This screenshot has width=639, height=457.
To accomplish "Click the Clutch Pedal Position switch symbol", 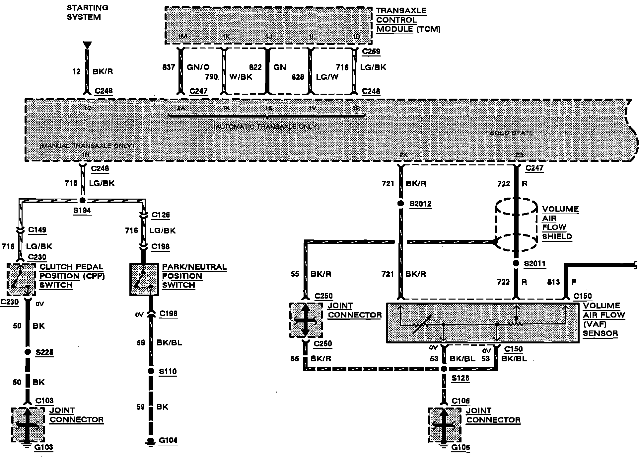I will [x=21, y=279].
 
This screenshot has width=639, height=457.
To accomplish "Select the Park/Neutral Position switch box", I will [x=144, y=280].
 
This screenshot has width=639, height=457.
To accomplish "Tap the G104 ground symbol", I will [x=151, y=441].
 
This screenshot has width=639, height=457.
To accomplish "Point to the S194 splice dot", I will [x=82, y=200].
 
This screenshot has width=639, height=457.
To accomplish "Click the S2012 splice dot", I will [x=401, y=203].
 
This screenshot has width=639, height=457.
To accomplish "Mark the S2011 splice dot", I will [x=516, y=263].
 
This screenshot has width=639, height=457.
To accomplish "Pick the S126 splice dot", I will [x=444, y=369].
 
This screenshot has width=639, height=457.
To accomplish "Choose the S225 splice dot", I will [x=28, y=352].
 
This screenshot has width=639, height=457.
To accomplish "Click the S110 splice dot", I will [x=151, y=371].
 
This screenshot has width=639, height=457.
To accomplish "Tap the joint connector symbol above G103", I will [x=28, y=425].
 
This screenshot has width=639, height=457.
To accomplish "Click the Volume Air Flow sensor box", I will [x=482, y=322].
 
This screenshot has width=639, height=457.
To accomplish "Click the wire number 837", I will [x=169, y=67].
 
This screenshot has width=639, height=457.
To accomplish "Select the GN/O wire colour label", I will [x=198, y=67].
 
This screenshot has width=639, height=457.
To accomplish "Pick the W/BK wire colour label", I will [x=241, y=77].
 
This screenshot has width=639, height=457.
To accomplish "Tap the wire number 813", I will [x=553, y=282].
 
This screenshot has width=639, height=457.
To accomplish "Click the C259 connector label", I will [x=371, y=51].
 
